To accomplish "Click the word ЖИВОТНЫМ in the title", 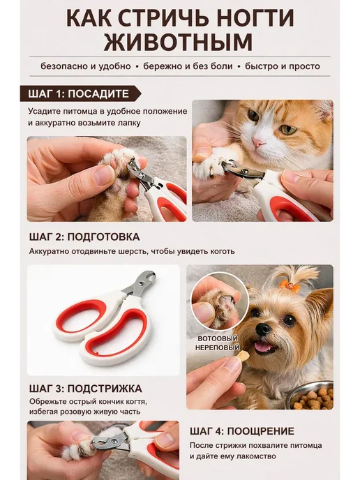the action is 178,42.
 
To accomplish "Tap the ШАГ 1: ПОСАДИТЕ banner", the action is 80,93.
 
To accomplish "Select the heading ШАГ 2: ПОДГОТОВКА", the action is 84,237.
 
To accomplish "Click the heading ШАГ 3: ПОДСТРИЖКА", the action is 86,389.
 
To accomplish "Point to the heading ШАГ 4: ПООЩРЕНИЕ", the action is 242,431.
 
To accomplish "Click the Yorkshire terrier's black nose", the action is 263,329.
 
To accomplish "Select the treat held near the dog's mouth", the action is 243,356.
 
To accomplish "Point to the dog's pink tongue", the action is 263,347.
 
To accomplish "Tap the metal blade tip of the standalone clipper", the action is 151,276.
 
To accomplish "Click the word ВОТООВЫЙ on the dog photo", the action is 218,338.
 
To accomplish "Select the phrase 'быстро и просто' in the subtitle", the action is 283,66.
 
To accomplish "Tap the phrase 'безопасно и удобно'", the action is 86,66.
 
